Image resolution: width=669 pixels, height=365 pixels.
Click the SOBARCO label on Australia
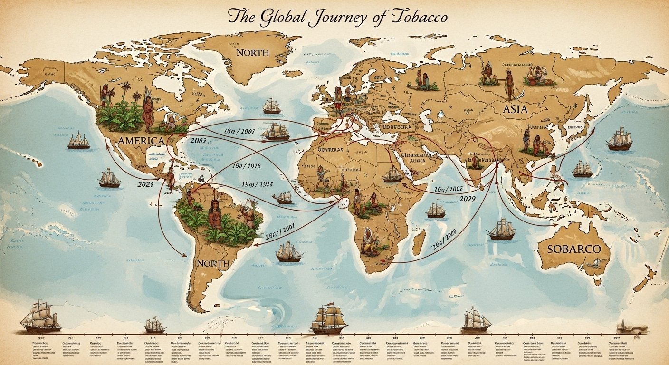click(x=574, y=249)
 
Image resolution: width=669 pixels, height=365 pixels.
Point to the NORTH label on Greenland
click(x=252, y=52)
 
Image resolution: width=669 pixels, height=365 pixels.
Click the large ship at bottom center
click(x=329, y=319)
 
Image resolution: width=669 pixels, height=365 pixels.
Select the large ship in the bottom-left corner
click(x=41, y=317)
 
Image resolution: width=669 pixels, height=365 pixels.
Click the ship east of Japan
click(x=620, y=139)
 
